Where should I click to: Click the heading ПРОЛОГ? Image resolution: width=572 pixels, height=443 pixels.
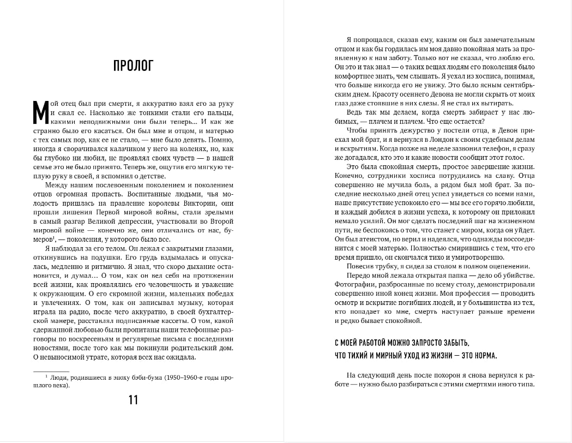133,66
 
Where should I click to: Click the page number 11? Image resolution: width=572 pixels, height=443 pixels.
133,400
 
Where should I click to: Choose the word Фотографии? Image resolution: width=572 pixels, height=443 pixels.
355,284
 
